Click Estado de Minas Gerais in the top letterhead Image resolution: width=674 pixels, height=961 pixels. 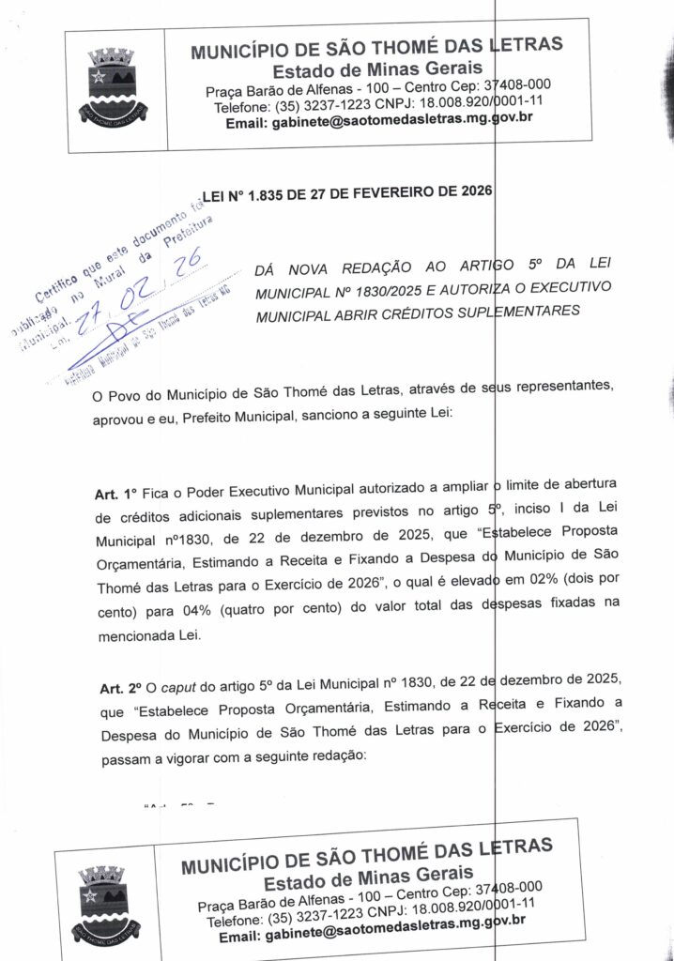[x=377, y=71]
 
